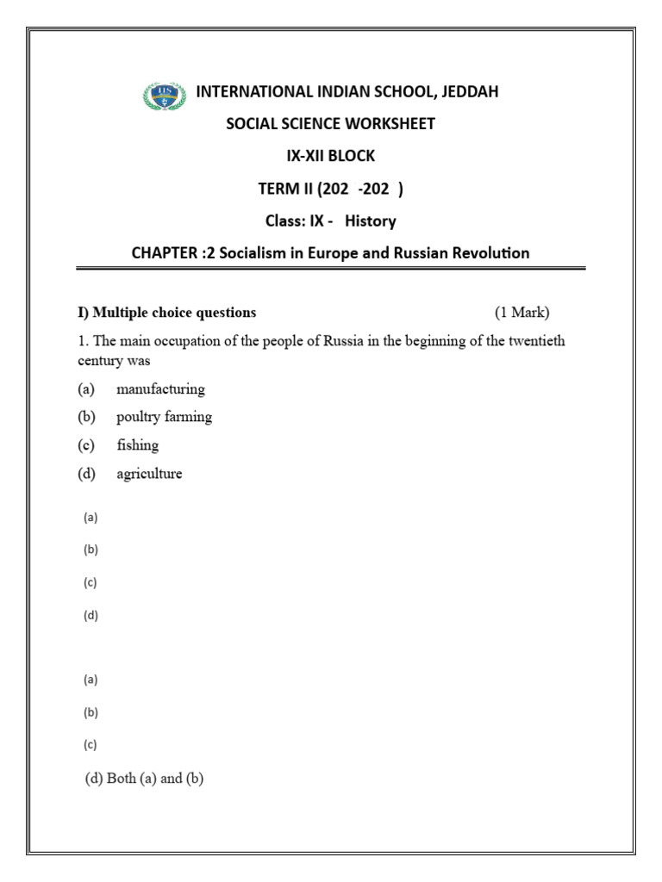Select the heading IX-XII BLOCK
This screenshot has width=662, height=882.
click(331, 156)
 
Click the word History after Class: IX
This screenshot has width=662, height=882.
click(371, 221)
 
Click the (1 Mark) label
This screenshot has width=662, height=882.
click(521, 313)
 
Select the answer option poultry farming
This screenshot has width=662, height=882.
click(164, 417)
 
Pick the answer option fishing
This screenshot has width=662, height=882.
click(138, 445)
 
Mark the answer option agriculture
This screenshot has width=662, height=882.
click(149, 474)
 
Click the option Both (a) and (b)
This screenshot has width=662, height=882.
click(144, 779)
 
